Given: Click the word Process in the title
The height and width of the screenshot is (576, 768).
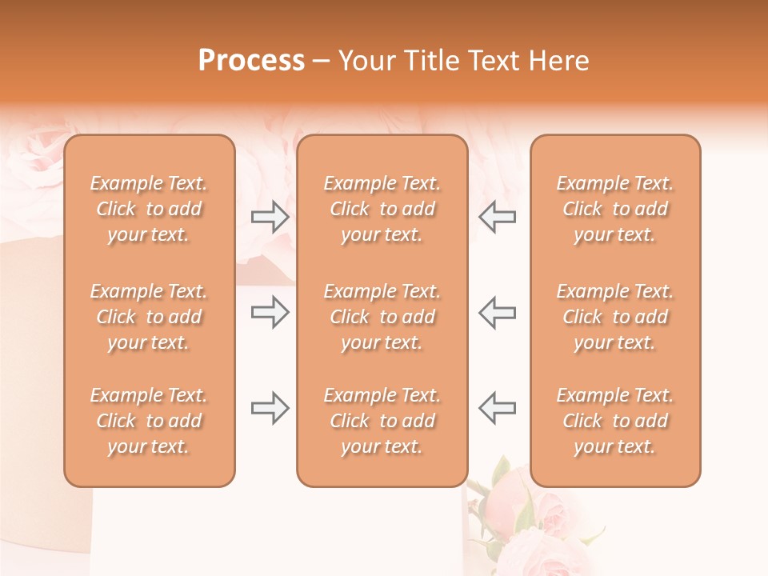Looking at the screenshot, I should point(251,61).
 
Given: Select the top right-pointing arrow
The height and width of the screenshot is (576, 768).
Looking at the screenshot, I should point(270,217).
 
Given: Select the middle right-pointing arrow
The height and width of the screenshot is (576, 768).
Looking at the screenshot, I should point(270,312).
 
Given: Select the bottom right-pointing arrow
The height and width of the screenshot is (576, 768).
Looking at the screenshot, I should point(270,408).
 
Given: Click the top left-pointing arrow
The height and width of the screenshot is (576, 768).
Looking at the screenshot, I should point(497,217).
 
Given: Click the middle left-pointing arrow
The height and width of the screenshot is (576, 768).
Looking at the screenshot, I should point(497,312).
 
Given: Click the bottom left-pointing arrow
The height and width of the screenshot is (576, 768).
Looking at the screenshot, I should point(497,408).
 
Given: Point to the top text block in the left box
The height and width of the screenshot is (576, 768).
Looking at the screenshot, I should point(149,209).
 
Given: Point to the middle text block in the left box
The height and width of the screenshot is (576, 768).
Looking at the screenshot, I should point(149,317).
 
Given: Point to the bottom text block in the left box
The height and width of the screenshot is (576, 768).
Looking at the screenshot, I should point(149,421).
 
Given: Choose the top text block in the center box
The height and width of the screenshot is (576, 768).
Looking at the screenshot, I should point(382,209).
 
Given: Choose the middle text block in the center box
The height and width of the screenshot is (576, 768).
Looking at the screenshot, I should point(382,317).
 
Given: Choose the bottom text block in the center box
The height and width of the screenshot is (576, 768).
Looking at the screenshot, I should point(382,421).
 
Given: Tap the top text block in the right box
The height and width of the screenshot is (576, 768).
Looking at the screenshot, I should point(615,209).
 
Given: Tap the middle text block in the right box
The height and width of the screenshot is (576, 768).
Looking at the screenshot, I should point(615,317).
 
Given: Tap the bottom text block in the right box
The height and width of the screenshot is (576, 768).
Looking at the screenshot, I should point(615,421).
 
